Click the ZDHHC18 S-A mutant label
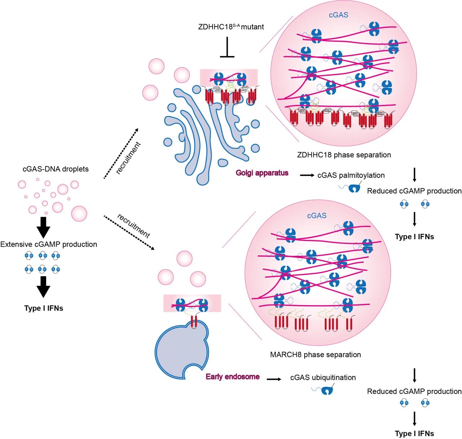pos(231,27)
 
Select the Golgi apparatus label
pos(262,173)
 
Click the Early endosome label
pos(232,377)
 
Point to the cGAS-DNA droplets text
pos(56,169)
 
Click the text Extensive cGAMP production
pos(49,244)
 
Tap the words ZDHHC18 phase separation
pos(344,155)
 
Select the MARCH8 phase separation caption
pos(315,355)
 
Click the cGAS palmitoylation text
pos(351,175)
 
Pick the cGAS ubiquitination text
pos(323,377)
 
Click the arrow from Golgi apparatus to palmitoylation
pos(307,175)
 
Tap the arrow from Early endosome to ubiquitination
pos(274,379)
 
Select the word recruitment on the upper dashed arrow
pos(128,158)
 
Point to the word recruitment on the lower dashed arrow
pos(134,226)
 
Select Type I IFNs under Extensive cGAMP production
pos(44,308)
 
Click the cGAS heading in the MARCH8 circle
pos(317,215)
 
